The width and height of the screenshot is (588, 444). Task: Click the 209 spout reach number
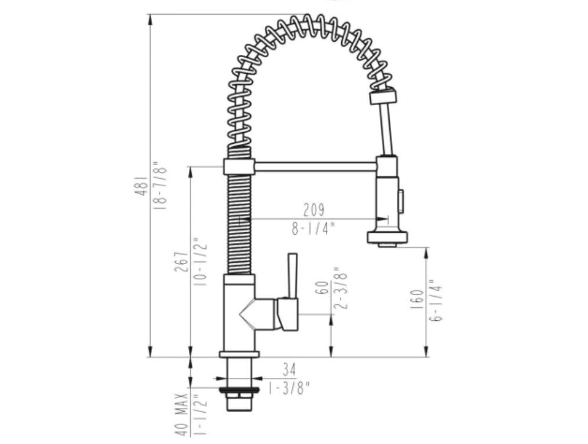313,210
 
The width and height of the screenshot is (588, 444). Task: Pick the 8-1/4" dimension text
313,229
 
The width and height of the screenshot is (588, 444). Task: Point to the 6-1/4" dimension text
437,299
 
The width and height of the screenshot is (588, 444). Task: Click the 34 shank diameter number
289,370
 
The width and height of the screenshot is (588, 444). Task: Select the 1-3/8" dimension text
289,387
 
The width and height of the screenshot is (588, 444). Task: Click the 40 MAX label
183,413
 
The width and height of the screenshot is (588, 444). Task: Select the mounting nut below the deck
239,390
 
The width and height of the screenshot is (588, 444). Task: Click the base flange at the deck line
239,354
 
